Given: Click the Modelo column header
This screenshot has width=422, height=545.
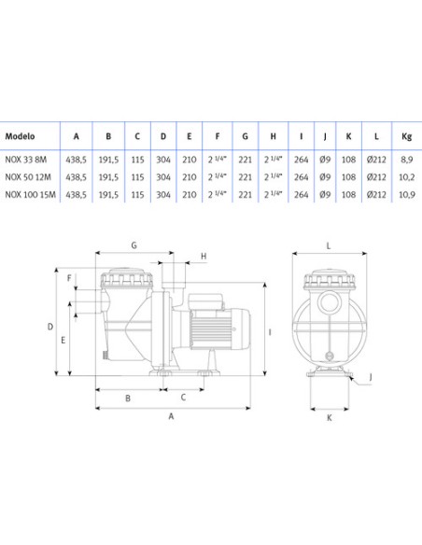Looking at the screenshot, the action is coord(20,136).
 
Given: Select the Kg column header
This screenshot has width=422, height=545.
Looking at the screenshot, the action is coord(406,136).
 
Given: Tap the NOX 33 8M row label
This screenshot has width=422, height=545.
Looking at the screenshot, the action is coord(26,160).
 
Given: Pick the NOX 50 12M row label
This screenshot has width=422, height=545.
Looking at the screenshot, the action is coord(28,177).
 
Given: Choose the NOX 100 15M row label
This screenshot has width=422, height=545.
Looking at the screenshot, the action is coord(30,194).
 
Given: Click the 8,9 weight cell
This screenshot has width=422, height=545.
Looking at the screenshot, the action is coord(406,160).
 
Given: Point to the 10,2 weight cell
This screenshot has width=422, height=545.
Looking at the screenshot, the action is coord(407,177).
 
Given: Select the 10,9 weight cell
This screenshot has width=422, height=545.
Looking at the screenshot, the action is coord(407,195).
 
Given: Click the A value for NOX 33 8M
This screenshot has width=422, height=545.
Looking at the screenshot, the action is coord(77,160).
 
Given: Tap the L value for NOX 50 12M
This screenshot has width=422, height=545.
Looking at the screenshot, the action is coord(376,177).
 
